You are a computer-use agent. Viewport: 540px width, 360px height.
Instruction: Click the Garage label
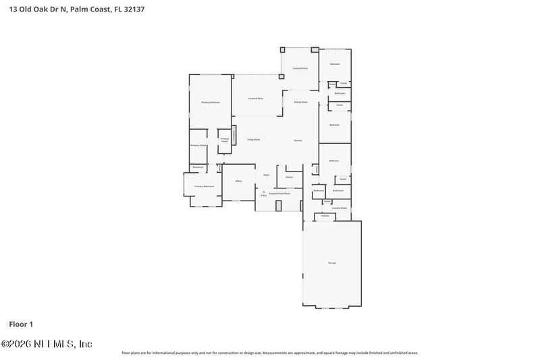(x=331, y=262)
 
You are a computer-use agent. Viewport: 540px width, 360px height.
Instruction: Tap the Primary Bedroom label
(x=211, y=102)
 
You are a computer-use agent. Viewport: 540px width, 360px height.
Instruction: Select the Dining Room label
(x=300, y=102)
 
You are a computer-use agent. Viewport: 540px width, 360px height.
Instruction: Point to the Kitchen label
(x=297, y=140)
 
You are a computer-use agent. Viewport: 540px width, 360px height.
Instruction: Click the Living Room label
(x=253, y=140)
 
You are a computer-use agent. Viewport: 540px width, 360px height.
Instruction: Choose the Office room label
(x=238, y=181)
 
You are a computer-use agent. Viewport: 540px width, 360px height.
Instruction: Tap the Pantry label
(x=289, y=177)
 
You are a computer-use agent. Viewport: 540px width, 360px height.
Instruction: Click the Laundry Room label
(x=339, y=208)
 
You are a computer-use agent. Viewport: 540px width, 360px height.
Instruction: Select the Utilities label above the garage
(x=325, y=216)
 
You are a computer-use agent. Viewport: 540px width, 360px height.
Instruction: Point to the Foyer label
(x=267, y=174)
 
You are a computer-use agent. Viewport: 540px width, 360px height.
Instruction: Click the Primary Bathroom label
(x=204, y=186)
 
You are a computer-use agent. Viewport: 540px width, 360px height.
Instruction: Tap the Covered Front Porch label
(x=279, y=193)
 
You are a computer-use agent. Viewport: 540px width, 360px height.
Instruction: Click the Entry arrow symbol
(x=263, y=192)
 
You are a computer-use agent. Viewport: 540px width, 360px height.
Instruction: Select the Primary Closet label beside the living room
(x=225, y=140)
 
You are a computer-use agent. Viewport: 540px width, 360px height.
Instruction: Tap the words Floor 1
(x=21, y=325)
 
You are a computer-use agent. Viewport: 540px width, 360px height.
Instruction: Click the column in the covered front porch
(x=278, y=205)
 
